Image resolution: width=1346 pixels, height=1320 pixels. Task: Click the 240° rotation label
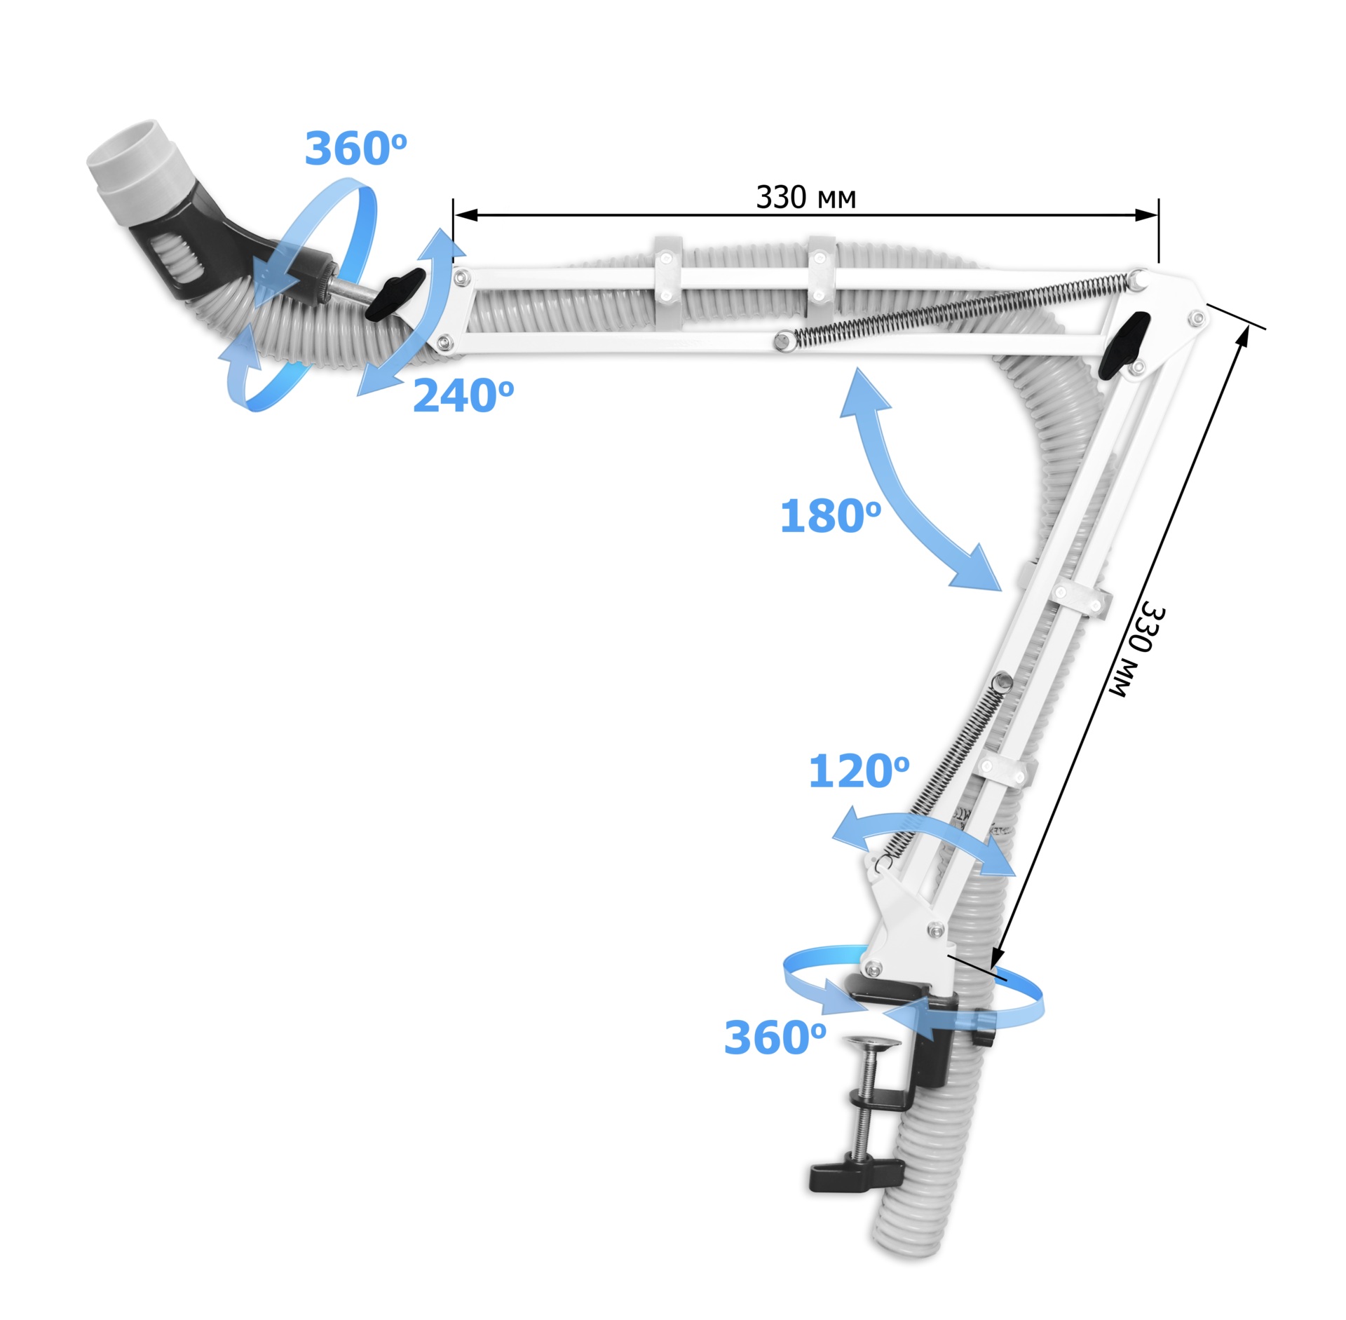pos(463,396)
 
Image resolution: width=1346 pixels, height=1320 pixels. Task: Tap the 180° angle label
pos(831,516)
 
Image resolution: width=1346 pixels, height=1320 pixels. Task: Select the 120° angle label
pos(859,771)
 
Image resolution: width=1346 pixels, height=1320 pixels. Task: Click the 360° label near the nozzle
pos(355,149)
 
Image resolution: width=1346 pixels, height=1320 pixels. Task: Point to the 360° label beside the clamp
pos(775,1037)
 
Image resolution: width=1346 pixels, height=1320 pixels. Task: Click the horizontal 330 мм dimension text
pos(805,198)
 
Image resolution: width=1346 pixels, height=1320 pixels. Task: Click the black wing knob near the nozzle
pos(395,295)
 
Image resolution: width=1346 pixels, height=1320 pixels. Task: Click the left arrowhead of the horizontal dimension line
pos(465,215)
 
